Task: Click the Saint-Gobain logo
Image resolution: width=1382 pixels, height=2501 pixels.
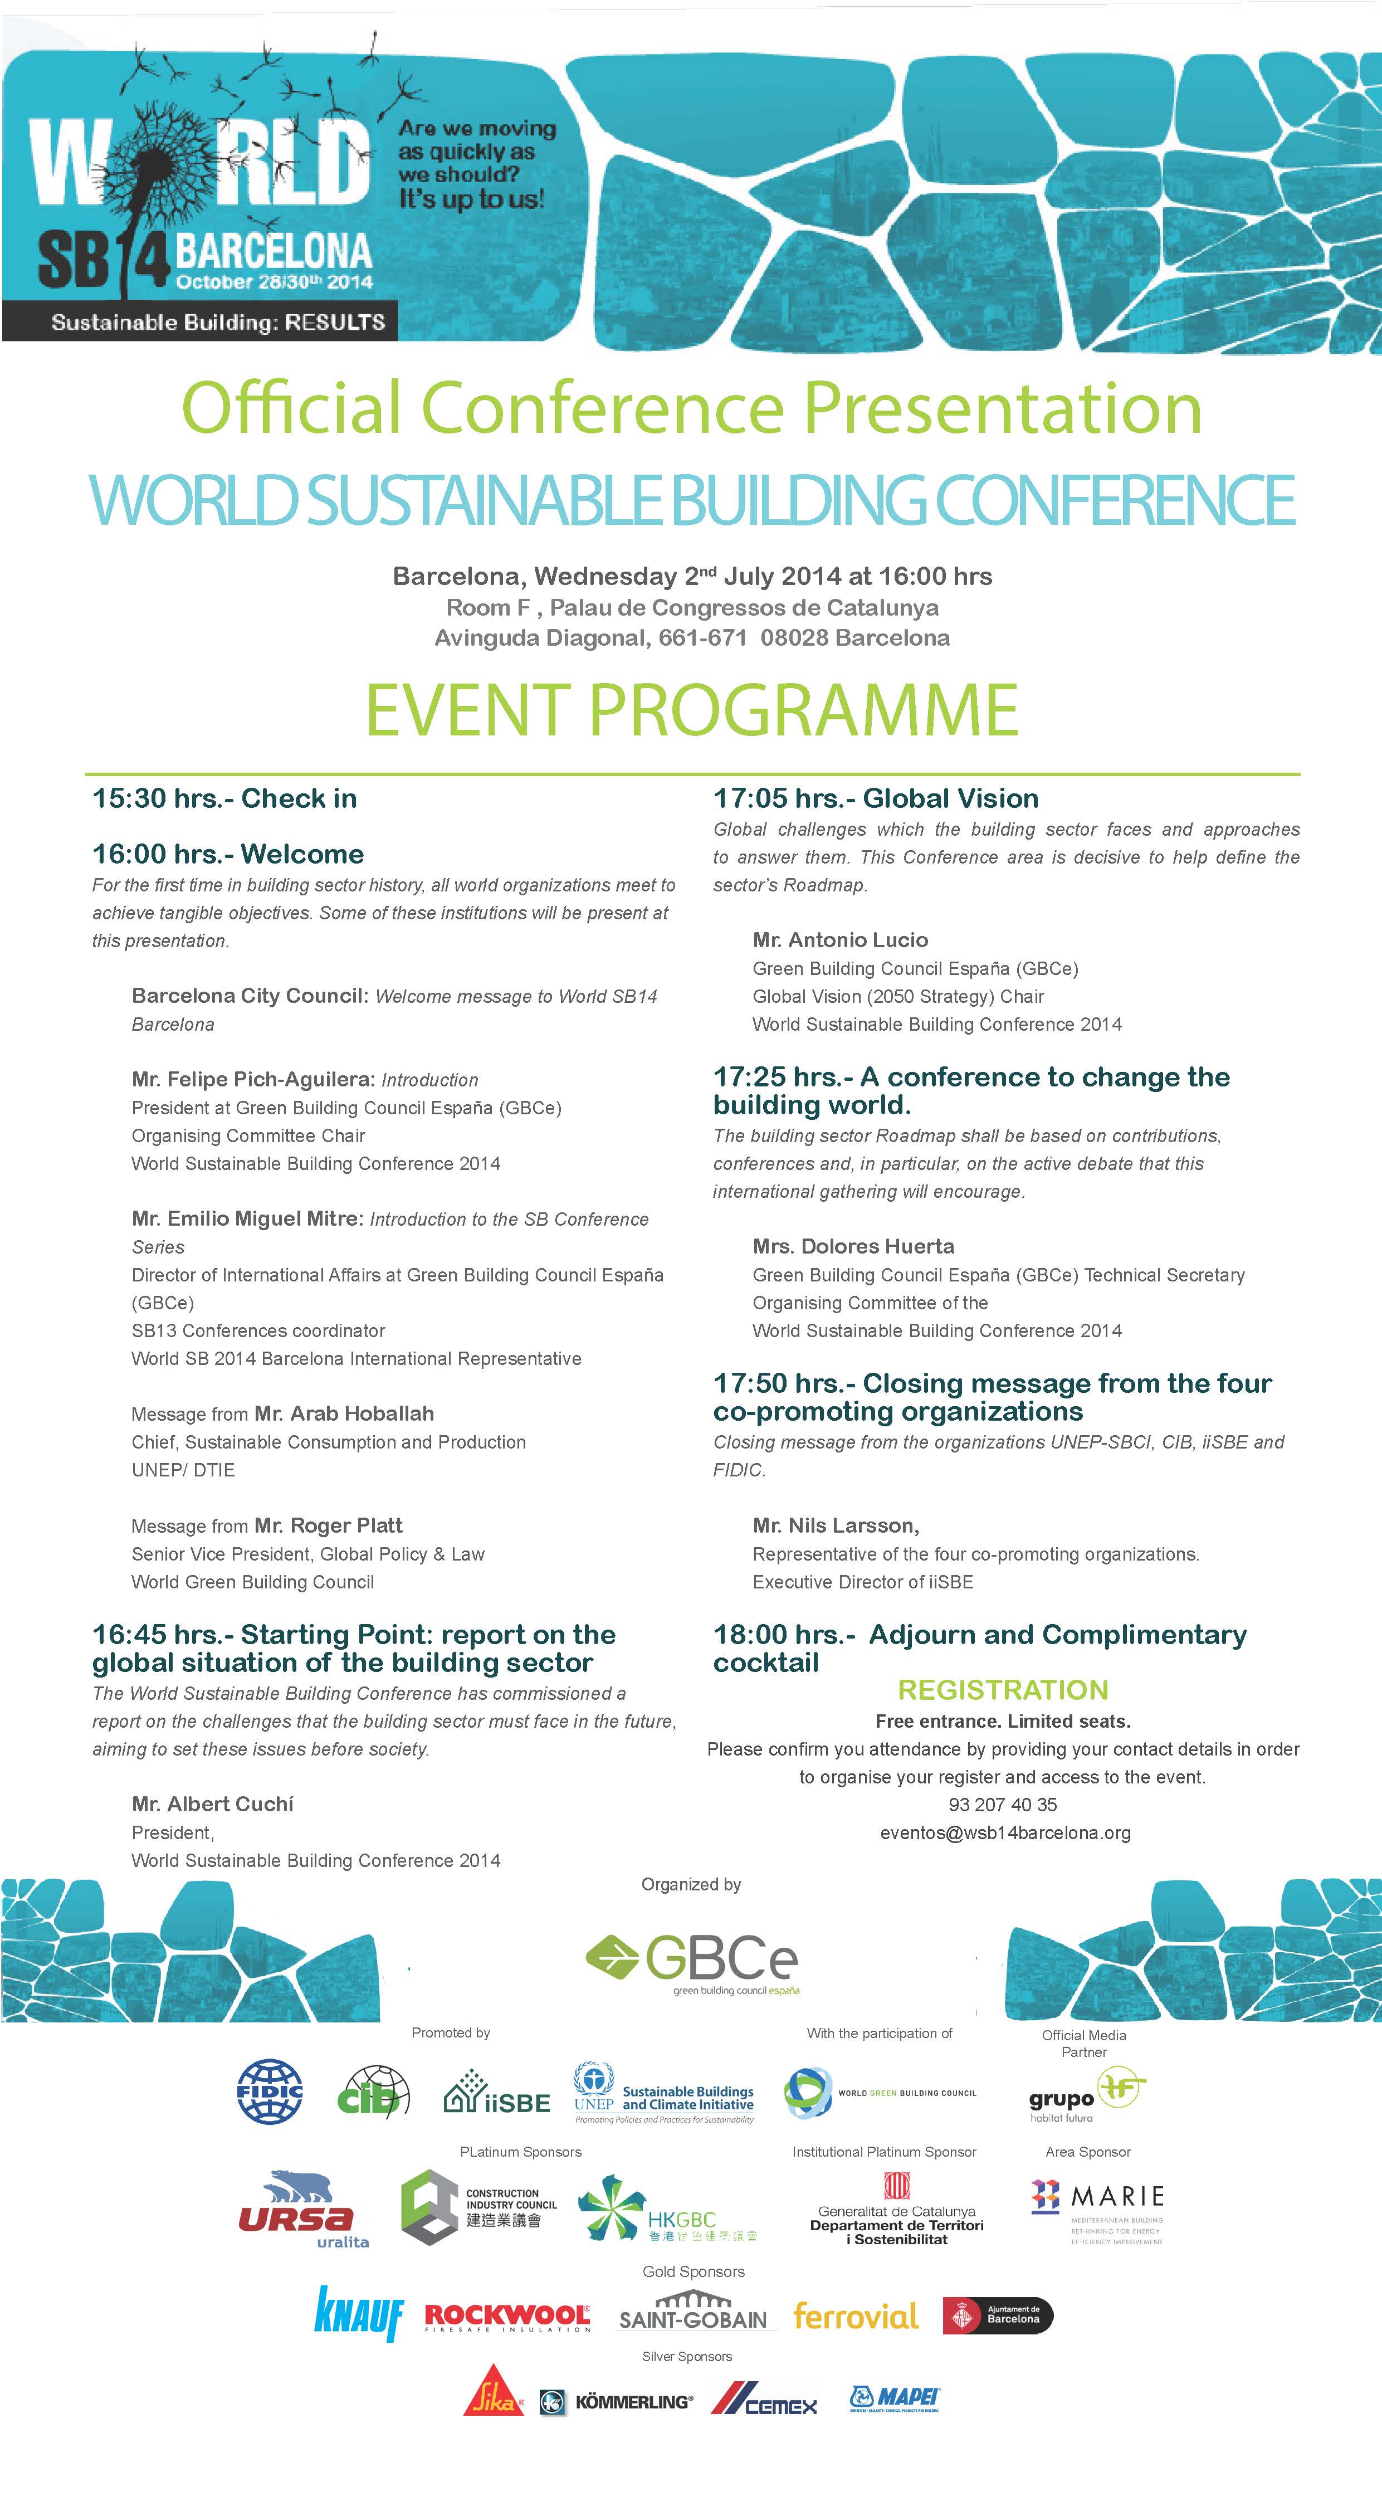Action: point(693,2314)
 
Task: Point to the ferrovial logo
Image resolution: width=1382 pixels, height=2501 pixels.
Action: point(855,2315)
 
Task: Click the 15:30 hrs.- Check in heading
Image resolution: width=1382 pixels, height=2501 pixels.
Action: point(224,798)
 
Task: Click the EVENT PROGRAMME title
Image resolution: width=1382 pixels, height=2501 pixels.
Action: point(692,710)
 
